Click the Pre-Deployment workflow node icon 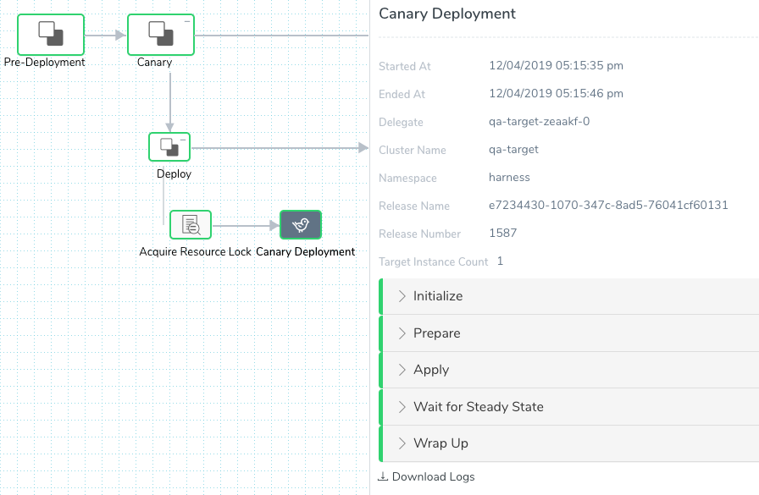click(x=51, y=35)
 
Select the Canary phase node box click(x=161, y=35)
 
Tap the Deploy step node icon click(x=169, y=146)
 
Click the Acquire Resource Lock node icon click(x=191, y=225)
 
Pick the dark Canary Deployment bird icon click(x=301, y=225)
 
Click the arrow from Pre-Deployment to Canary click(x=106, y=35)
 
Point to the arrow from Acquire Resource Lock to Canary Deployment click(x=246, y=225)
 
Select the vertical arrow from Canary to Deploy click(x=170, y=102)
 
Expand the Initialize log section click(x=438, y=296)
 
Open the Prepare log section click(x=436, y=333)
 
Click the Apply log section click(x=431, y=370)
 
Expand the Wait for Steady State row click(x=479, y=406)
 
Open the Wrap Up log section click(x=440, y=443)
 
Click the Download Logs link click(x=426, y=476)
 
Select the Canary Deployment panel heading click(x=447, y=14)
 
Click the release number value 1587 click(x=503, y=233)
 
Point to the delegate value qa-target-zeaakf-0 click(x=540, y=121)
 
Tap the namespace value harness click(x=509, y=178)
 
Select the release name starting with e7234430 click(x=608, y=205)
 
